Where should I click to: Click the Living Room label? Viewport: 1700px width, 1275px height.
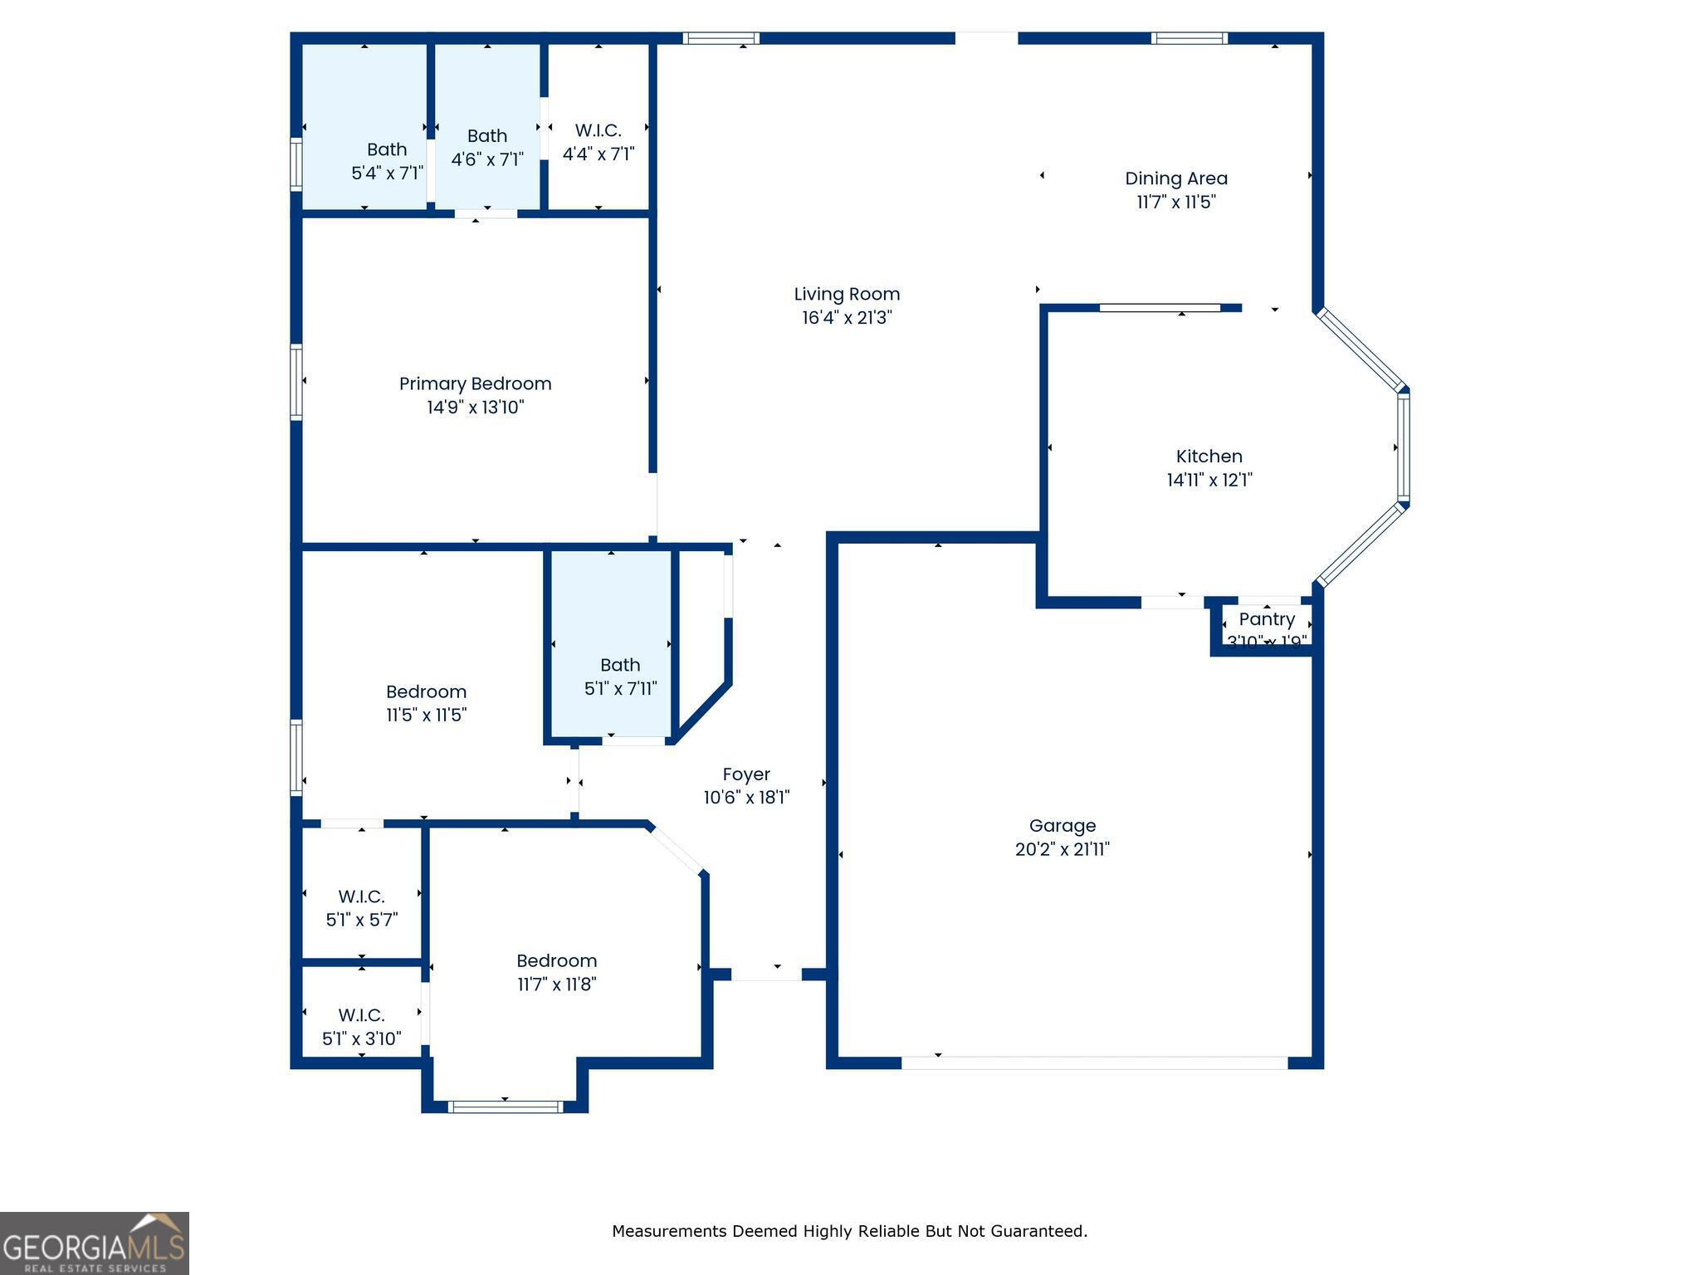coord(847,294)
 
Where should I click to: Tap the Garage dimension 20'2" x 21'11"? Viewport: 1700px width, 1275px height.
coord(1062,849)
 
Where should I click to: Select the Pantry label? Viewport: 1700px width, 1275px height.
coord(1266,619)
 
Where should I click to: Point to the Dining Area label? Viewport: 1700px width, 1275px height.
coord(1175,178)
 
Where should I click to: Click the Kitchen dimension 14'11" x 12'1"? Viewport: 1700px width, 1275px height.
coord(1209,480)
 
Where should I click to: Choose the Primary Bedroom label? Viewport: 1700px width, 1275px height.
coord(475,383)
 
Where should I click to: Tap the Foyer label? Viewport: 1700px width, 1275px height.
coord(745,774)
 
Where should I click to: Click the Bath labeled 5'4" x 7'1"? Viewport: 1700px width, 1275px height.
coord(387,149)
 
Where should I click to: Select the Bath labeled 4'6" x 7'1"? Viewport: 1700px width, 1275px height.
coord(486,136)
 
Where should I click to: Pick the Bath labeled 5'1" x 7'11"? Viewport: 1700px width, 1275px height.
coord(620,665)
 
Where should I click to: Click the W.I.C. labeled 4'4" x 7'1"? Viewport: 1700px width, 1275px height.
coord(598,131)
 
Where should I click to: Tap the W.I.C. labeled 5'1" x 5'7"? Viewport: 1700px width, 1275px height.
coord(361,896)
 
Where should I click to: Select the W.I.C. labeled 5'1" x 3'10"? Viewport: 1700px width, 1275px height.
coord(361,1015)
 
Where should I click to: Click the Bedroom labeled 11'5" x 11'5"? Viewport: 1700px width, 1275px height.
coord(426,692)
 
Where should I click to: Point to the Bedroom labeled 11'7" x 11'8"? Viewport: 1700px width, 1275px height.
coord(556,961)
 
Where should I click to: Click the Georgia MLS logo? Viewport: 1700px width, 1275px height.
coord(94,1243)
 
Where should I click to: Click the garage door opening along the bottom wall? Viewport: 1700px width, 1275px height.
coord(1094,1062)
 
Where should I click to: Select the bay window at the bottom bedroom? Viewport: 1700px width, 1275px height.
coord(505,1106)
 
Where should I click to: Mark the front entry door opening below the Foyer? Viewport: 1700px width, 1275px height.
coord(766,975)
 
